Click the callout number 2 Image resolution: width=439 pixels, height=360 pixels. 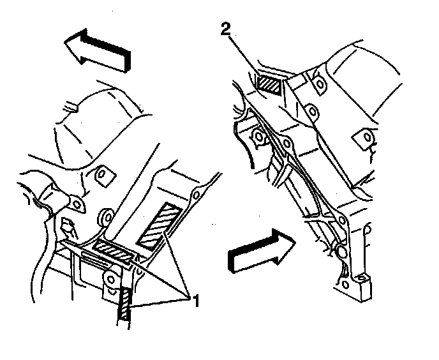(225, 29)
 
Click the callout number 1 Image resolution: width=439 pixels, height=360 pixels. (195, 301)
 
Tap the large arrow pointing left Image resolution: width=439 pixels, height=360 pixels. (98, 50)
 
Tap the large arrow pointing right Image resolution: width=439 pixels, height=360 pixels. (262, 251)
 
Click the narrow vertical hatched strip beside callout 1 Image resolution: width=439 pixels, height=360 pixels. (124, 304)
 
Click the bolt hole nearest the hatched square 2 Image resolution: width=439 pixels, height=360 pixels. (319, 83)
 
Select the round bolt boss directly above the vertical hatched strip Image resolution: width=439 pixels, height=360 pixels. (110, 280)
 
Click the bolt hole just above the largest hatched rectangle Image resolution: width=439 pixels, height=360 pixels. (196, 194)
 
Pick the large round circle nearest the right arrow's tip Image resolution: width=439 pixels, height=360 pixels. (341, 250)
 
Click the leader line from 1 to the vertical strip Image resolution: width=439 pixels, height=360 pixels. (159, 303)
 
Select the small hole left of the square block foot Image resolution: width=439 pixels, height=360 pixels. (345, 285)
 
